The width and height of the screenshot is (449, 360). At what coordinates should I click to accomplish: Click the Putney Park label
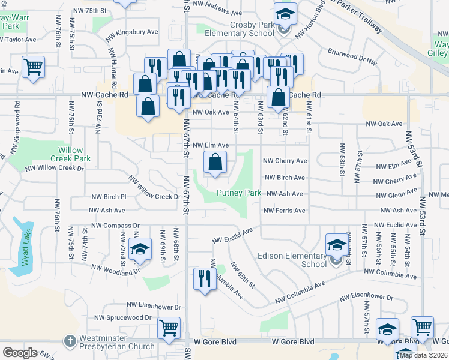[239, 193]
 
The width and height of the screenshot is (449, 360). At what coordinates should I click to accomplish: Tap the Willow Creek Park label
[74, 154]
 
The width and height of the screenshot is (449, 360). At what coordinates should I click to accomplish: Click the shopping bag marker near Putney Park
[215, 161]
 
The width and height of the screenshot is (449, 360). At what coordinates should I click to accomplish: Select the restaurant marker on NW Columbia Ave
[204, 278]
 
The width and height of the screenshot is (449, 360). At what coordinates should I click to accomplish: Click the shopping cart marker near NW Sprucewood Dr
[169, 328]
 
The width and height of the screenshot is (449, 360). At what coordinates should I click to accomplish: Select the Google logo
[20, 353]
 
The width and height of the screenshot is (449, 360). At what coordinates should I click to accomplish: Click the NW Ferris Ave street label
[285, 211]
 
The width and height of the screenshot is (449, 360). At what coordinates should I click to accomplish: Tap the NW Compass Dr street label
[115, 226]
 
